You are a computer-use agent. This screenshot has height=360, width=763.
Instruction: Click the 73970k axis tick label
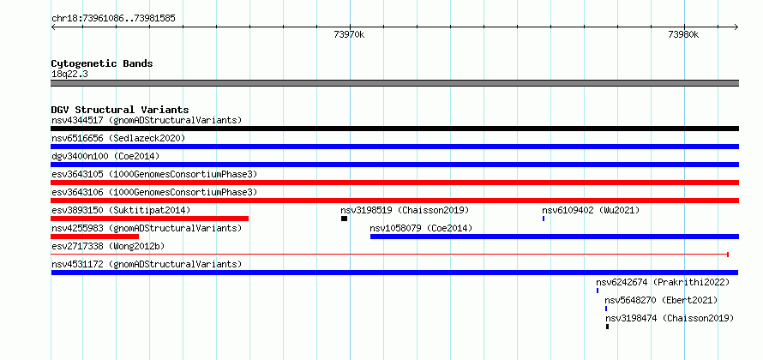[x=350, y=34]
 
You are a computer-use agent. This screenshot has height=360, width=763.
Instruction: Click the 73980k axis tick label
[x=683, y=34]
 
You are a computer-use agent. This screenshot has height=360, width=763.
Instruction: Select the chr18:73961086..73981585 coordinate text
[x=113, y=19]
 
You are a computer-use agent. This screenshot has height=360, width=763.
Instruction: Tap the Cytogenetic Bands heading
[x=102, y=63]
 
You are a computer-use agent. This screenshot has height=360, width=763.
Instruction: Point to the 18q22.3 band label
[x=69, y=75]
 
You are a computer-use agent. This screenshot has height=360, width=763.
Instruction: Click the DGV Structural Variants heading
[x=120, y=110]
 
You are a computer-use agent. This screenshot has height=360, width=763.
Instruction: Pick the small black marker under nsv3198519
[x=344, y=219]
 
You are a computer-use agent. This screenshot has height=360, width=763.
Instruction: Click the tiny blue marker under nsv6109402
[x=544, y=219]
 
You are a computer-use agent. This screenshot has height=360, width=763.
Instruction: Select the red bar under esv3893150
[x=150, y=219]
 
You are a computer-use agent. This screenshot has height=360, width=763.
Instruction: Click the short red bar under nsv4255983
[x=95, y=237]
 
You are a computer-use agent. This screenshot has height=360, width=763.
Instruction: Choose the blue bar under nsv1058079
[x=554, y=237]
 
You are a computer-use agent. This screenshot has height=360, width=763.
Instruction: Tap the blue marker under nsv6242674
[x=598, y=291]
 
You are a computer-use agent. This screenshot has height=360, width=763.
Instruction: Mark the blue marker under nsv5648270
[x=606, y=309]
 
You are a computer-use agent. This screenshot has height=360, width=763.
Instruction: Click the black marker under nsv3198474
[x=607, y=327]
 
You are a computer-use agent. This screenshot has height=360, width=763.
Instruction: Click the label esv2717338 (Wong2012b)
[x=108, y=247]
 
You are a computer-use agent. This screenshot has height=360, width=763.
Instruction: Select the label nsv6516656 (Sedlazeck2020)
[x=118, y=139]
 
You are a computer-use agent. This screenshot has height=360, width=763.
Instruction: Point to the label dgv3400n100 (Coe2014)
[x=105, y=157]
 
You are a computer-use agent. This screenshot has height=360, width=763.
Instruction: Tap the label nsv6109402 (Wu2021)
[x=591, y=211]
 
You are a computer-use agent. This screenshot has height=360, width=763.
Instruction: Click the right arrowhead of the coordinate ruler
[x=736, y=27]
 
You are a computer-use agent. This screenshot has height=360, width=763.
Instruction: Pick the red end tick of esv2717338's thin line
[x=728, y=255]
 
